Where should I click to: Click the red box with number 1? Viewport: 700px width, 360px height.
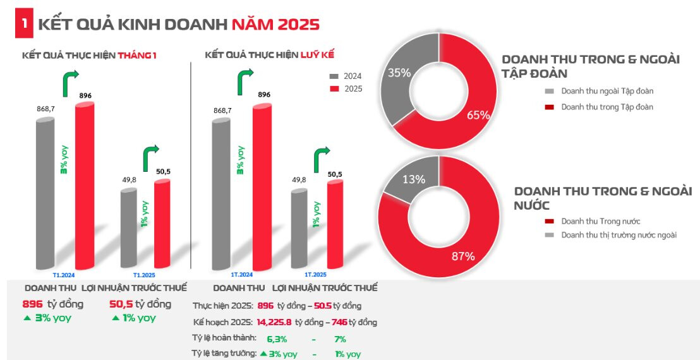tap(23, 24)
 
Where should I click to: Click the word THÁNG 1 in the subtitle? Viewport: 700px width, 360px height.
tap(137, 56)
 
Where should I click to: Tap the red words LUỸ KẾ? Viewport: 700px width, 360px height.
tap(318, 56)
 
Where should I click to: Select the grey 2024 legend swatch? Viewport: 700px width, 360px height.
tap(334, 76)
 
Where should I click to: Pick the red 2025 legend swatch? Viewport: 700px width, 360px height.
tap(334, 89)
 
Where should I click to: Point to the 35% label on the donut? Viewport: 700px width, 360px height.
tap(399, 73)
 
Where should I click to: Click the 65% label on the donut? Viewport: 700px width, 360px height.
tap(478, 114)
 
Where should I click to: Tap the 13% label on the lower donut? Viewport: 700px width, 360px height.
tap(414, 179)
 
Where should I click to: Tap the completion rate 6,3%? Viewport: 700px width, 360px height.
tap(277, 339)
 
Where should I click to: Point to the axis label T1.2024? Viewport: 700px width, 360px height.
tap(64, 275)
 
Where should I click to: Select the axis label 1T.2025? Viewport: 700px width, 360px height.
tap(315, 275)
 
